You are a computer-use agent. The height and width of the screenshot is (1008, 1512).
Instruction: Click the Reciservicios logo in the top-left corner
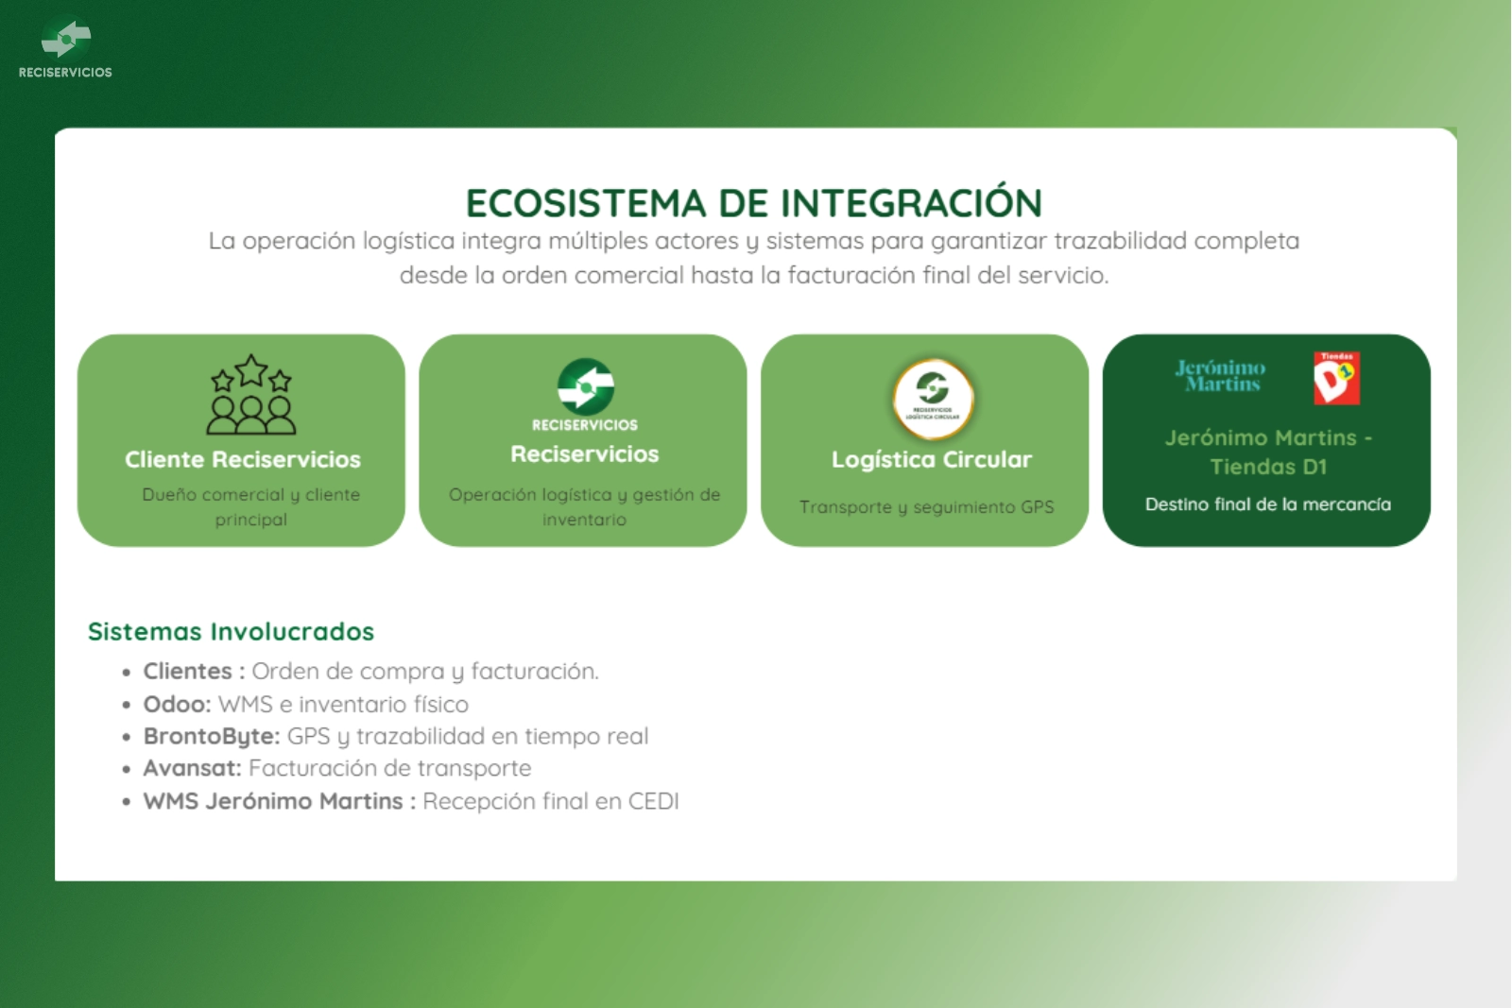tap(65, 46)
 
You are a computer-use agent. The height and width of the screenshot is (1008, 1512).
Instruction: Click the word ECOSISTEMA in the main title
tap(585, 203)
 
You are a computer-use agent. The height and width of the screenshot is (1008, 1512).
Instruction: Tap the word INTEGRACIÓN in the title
tap(911, 202)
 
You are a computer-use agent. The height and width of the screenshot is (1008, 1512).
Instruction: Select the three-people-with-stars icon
tap(251, 394)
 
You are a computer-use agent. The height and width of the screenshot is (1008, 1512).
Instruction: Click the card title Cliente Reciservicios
tap(242, 459)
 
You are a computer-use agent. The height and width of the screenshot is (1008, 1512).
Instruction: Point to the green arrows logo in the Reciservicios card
tap(585, 386)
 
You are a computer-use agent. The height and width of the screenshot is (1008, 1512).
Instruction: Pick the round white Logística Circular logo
tap(933, 399)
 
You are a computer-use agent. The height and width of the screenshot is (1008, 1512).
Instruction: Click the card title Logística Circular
tap(932, 459)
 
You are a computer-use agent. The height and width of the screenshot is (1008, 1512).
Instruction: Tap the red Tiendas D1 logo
tap(1336, 378)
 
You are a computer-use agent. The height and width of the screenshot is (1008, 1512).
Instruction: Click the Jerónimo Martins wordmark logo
tap(1220, 376)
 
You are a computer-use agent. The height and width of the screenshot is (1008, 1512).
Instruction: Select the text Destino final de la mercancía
tap(1267, 504)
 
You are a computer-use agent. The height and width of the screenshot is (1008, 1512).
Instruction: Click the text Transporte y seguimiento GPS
tap(926, 506)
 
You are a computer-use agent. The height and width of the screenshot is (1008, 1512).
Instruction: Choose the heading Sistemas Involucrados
tap(231, 631)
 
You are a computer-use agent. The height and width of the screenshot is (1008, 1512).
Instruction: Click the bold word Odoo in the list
tap(177, 704)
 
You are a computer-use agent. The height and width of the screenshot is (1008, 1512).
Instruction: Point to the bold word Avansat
tap(192, 768)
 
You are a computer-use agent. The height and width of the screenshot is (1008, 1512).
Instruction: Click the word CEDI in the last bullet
tap(653, 801)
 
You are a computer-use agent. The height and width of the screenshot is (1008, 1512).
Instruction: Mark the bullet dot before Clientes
tap(127, 673)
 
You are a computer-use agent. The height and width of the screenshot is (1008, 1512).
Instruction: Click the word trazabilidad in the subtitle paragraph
tap(1121, 241)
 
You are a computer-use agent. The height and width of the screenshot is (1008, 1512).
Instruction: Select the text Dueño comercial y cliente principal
tap(251, 506)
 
